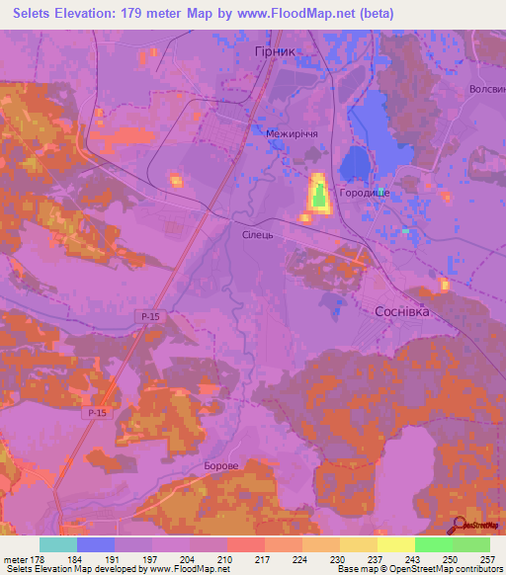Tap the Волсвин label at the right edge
tap(487, 88)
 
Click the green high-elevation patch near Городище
tap(319, 198)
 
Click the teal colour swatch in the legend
tap(58, 544)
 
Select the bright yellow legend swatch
tap(396, 544)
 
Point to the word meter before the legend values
tap(15, 558)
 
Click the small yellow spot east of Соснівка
tap(445, 286)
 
